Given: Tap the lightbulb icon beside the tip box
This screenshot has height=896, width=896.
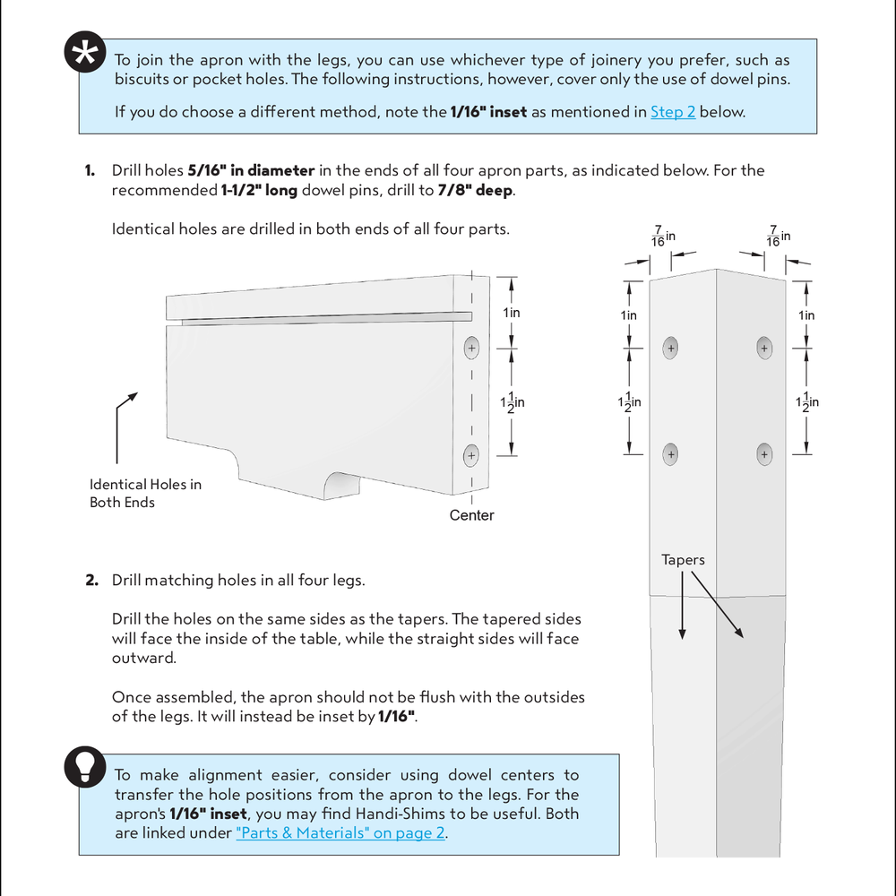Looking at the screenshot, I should click(x=86, y=765).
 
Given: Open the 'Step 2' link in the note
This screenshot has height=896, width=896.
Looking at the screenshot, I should click(x=672, y=112).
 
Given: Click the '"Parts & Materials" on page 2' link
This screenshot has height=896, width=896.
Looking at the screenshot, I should click(x=340, y=833).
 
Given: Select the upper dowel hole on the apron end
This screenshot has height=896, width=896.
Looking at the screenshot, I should click(x=471, y=347).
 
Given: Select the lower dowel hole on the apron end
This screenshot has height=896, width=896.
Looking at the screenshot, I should click(x=471, y=456).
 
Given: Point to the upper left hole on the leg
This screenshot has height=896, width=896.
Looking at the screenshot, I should click(x=670, y=348).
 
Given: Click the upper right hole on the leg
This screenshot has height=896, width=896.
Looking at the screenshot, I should click(x=764, y=348).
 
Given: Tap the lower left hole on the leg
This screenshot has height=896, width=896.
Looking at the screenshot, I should click(x=670, y=455).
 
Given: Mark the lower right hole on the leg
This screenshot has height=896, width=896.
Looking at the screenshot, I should click(x=764, y=455).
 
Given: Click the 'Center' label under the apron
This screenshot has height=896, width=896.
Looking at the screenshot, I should click(x=471, y=515).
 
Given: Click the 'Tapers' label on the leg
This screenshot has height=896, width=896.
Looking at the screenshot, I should click(x=683, y=560).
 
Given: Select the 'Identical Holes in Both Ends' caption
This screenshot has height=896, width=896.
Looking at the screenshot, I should click(x=145, y=494).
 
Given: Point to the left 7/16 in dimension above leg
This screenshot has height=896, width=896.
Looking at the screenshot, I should click(x=662, y=237).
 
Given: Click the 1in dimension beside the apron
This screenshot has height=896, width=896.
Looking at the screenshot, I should click(x=511, y=313).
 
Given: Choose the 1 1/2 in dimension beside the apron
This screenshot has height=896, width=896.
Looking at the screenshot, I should click(x=512, y=403).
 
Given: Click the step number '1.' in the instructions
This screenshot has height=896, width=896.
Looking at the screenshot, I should click(x=90, y=170).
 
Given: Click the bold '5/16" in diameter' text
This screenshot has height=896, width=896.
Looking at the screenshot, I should click(x=251, y=170).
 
